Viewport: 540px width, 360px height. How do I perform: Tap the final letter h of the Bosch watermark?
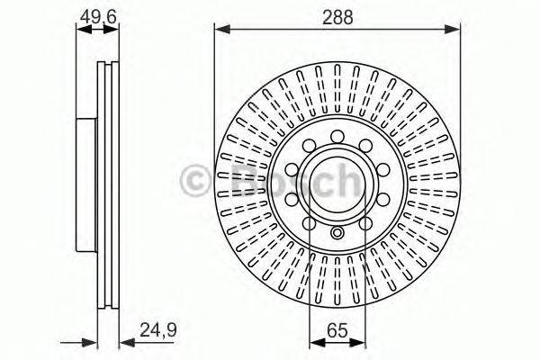(x=346, y=179)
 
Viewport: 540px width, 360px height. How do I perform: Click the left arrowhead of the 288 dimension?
(x=219, y=30)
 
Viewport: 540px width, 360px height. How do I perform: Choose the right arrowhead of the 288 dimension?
(x=456, y=30)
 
